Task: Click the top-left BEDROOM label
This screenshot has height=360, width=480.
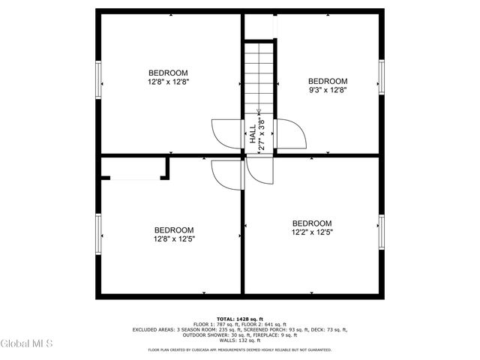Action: (x=167, y=73)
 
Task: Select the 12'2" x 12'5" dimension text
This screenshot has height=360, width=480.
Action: (x=312, y=232)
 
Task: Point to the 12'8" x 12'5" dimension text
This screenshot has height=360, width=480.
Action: (x=174, y=239)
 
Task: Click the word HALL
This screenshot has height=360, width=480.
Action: (x=252, y=136)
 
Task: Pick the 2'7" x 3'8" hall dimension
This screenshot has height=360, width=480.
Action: (x=261, y=135)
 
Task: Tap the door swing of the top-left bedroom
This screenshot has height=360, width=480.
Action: (x=226, y=133)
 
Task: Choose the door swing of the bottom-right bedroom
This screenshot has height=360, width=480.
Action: (x=260, y=172)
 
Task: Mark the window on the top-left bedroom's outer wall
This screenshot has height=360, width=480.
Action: (x=97, y=78)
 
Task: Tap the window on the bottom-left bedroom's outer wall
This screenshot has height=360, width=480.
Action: (x=97, y=233)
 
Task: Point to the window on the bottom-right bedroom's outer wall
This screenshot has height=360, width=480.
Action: (x=381, y=233)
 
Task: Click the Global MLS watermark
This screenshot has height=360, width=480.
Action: (x=26, y=344)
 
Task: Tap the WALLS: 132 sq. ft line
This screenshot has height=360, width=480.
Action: (x=239, y=340)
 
